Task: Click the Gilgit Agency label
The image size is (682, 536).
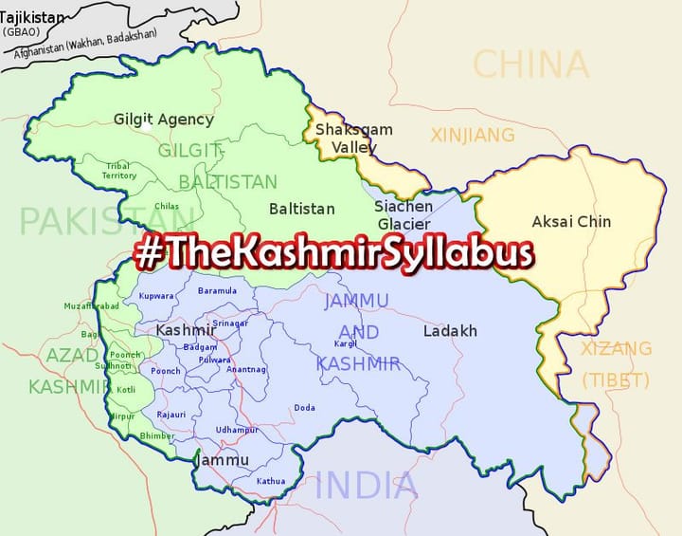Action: tap(163, 120)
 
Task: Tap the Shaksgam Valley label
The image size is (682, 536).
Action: tap(347, 138)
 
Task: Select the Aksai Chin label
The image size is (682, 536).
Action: tap(571, 221)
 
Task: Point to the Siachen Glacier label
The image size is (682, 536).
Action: tap(404, 214)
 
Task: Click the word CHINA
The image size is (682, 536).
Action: tap(530, 65)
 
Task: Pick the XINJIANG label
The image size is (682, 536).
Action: tap(473, 136)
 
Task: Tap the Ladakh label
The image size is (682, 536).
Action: tap(450, 331)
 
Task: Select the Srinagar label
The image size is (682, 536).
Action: tap(230, 323)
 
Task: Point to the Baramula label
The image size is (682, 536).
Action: tap(217, 290)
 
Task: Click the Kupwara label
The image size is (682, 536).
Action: tap(156, 296)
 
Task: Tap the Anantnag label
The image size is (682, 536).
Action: tap(246, 368)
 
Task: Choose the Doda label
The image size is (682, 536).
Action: tap(304, 407)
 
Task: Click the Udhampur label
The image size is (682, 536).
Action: tap(237, 430)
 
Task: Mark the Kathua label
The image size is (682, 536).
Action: tap(270, 481)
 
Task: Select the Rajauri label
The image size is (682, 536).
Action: tap(171, 415)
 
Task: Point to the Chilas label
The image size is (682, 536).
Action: tap(167, 206)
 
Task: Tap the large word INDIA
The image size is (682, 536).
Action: tap(366, 486)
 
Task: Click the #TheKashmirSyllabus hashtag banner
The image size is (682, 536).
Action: tap(333, 253)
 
